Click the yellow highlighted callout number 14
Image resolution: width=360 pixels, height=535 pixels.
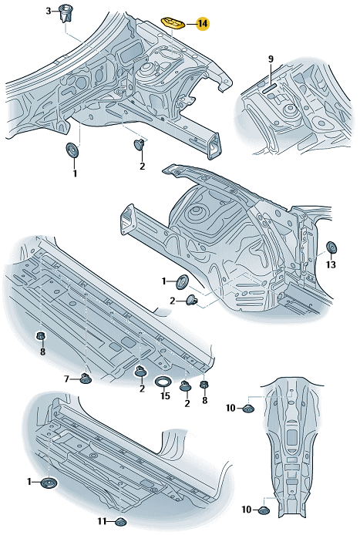coord(203,24)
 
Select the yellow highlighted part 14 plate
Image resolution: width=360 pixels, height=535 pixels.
coord(173,23)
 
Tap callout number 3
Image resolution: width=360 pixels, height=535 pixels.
coord(49,12)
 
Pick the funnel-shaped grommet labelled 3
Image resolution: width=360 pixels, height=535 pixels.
coord(66,13)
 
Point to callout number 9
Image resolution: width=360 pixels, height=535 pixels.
coord(271,59)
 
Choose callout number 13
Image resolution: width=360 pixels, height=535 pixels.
coord(331,264)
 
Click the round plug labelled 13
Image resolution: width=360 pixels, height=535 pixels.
coord(331,247)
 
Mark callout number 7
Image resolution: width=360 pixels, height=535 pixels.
coord(67,379)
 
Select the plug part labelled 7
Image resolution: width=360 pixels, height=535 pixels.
coord(86,379)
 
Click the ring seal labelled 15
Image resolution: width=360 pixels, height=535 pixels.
coord(163,382)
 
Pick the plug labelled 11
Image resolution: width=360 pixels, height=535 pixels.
coord(120,522)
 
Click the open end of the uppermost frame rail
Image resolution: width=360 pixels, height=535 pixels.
coord(214,146)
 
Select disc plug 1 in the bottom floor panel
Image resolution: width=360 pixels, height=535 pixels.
coord(49,483)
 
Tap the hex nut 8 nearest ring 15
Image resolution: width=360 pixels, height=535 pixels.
coord(204,385)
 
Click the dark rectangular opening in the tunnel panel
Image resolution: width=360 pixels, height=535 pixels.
coord(292,437)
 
